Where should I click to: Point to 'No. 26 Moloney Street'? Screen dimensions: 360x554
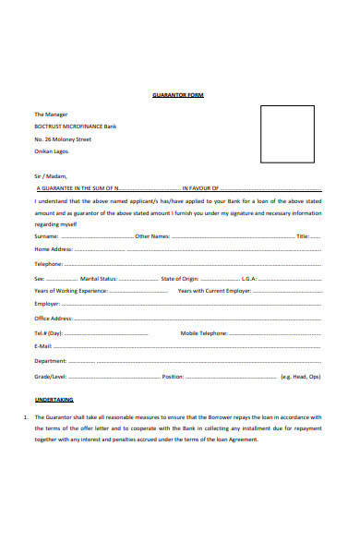coord(64,138)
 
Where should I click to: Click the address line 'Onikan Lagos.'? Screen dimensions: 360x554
coord(54,151)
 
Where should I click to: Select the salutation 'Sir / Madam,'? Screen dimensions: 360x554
coord(51,173)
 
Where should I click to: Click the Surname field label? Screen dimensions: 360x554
coord(49,236)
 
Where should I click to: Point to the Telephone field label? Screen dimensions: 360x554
coord(49,263)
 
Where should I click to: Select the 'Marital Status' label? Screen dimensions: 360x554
coord(99,277)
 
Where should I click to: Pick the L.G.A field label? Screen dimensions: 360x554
coord(249,277)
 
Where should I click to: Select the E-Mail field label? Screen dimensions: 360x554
coord(44,345)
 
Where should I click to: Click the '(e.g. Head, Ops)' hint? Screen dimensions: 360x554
coord(326,377)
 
